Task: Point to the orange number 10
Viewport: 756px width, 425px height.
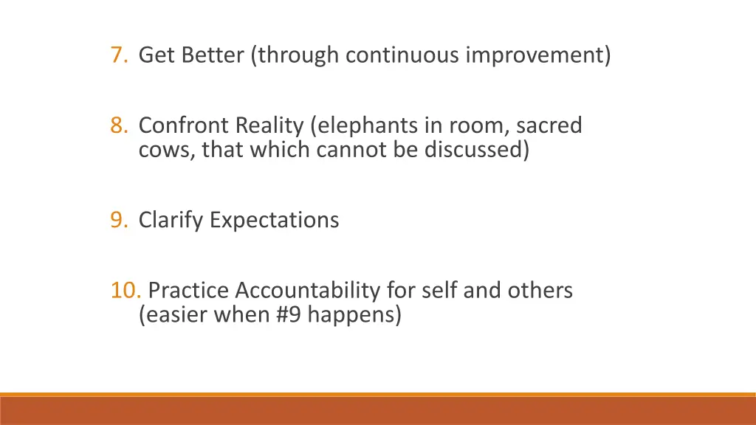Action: click(126, 291)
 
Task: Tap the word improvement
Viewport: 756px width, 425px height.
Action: click(535, 55)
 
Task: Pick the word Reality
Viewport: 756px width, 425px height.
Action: click(269, 126)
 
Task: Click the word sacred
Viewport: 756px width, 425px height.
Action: click(549, 126)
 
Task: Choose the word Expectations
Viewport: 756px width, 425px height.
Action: click(274, 220)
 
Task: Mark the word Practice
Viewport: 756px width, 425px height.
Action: click(188, 291)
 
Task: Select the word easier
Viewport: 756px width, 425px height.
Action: click(173, 316)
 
